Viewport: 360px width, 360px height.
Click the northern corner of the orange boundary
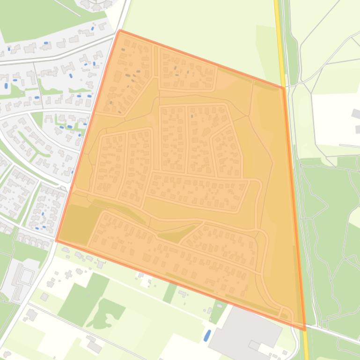[120, 31]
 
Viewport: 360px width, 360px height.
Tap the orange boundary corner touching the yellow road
[283, 87]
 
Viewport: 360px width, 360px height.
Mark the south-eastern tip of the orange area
[305, 330]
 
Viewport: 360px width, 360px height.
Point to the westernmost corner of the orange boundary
[57, 240]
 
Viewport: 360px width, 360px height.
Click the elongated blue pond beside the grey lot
[206, 335]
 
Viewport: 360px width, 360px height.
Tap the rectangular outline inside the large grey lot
[254, 345]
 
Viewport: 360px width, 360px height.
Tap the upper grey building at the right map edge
[356, 114]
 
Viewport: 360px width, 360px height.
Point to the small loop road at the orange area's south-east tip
[286, 313]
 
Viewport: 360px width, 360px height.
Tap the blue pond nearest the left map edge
[6, 86]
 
